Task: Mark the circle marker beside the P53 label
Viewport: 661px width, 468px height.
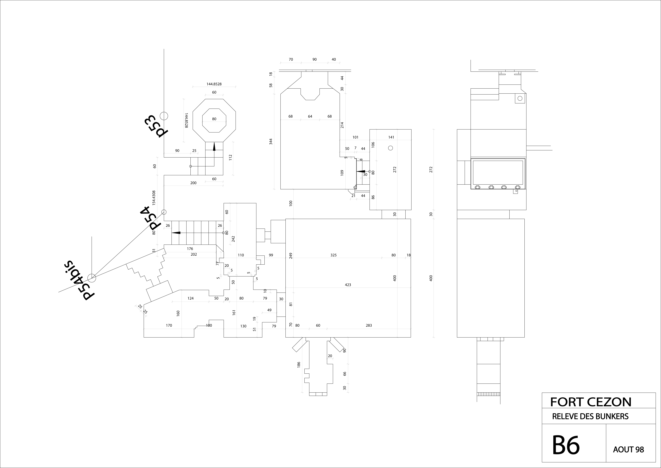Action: [x=164, y=116]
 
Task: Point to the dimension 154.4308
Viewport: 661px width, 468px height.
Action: [x=154, y=198]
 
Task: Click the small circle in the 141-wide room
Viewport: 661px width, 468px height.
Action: [x=390, y=148]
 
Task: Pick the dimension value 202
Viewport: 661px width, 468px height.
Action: [x=194, y=254]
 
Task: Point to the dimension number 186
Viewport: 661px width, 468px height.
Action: [x=299, y=365]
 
